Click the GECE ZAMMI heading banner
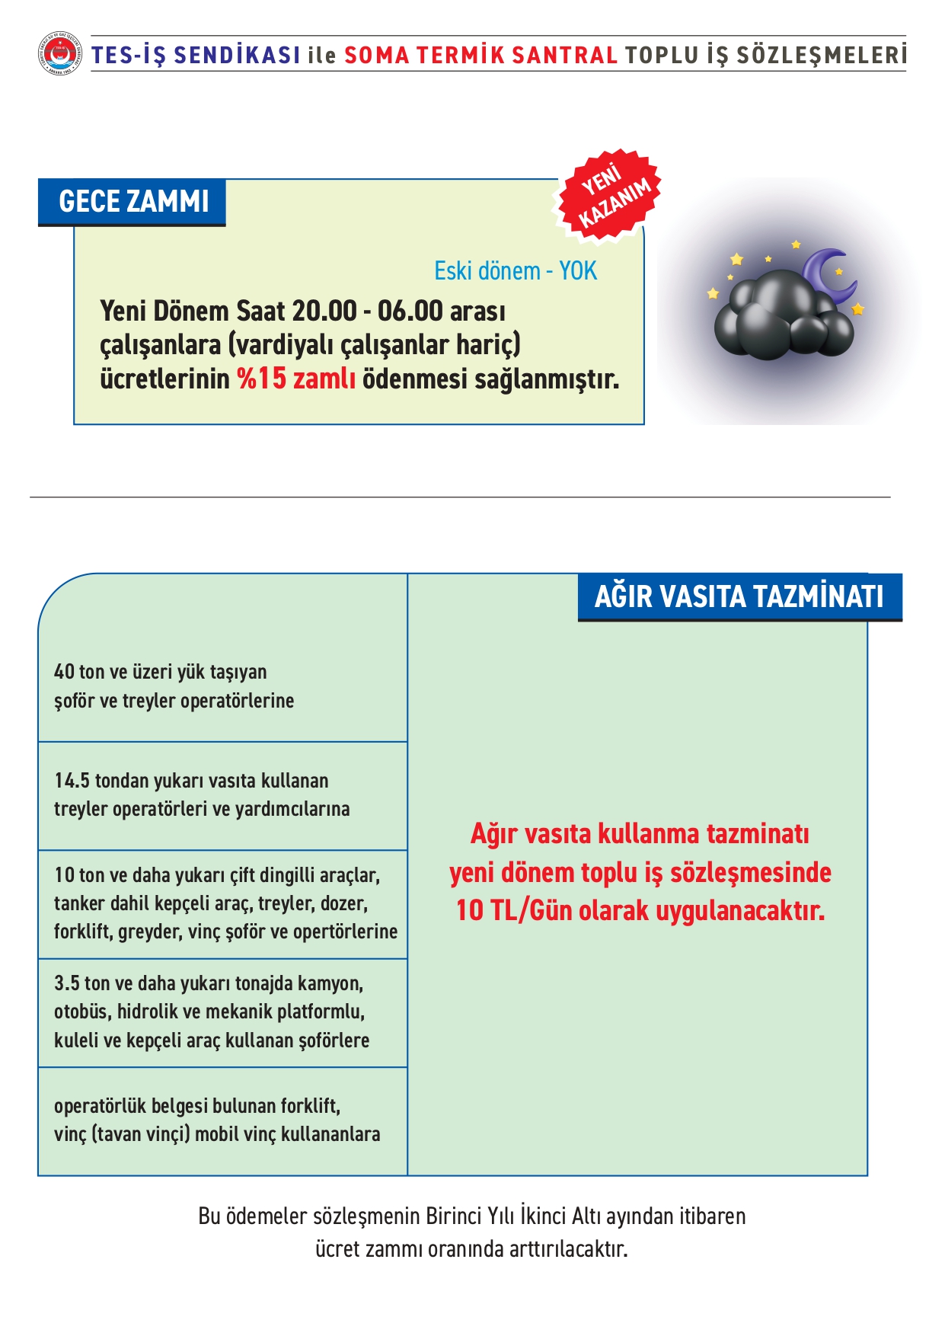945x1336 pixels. pyautogui.click(x=132, y=202)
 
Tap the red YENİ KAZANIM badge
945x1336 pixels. pyautogui.click(x=609, y=196)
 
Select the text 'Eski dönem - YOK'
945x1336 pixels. pyautogui.click(x=516, y=271)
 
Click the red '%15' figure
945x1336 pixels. pyautogui.click(x=262, y=379)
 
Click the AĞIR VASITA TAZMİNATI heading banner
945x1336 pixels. pyautogui.click(x=739, y=596)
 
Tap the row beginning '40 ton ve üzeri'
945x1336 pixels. pyautogui.click(x=174, y=686)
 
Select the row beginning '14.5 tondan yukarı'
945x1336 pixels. pyautogui.click(x=202, y=794)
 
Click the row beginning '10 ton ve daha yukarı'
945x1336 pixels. pyautogui.click(x=225, y=903)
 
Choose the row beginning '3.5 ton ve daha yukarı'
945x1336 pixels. pyautogui.click(x=211, y=1012)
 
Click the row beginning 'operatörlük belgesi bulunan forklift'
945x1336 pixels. pyautogui.click(x=216, y=1120)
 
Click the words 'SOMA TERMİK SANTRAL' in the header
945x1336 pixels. pyautogui.click(x=480, y=56)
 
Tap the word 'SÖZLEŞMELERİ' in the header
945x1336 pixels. pyautogui.click(x=821, y=56)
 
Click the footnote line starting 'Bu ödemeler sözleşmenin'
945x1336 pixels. pyautogui.click(x=471, y=1216)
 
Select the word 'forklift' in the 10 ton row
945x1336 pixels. pyautogui.click(x=82, y=932)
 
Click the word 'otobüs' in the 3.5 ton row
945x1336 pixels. pyautogui.click(x=81, y=1012)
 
